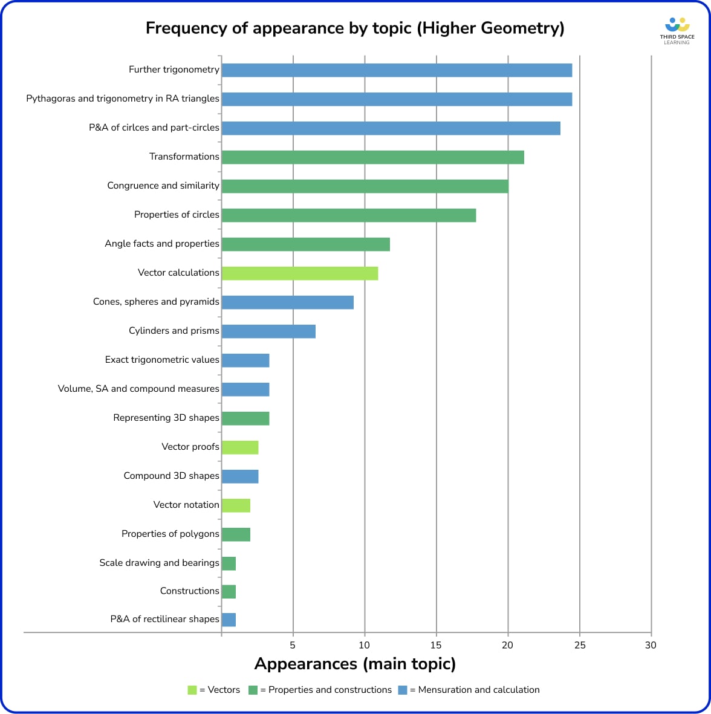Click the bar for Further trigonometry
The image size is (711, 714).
(397, 70)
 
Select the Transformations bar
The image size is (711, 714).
(372, 157)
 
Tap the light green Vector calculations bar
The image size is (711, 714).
(300, 273)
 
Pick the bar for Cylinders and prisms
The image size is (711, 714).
(268, 331)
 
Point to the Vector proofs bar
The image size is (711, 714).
(240, 447)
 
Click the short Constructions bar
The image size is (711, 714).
(229, 592)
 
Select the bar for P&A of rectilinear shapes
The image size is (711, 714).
(229, 620)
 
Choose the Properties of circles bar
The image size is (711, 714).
(349, 215)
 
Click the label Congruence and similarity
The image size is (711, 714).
(163, 186)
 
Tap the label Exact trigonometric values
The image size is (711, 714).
(162, 360)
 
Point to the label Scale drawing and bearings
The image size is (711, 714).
(159, 563)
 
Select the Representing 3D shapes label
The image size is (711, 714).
(166, 418)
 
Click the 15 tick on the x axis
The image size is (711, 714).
(436, 645)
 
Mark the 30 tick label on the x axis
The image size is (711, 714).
(651, 645)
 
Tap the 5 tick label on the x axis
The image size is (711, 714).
(293, 645)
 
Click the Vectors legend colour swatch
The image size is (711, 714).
(192, 690)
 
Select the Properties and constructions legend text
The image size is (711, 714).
(326, 690)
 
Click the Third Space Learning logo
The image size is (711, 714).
(677, 31)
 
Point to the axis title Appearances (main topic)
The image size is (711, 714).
(355, 664)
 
